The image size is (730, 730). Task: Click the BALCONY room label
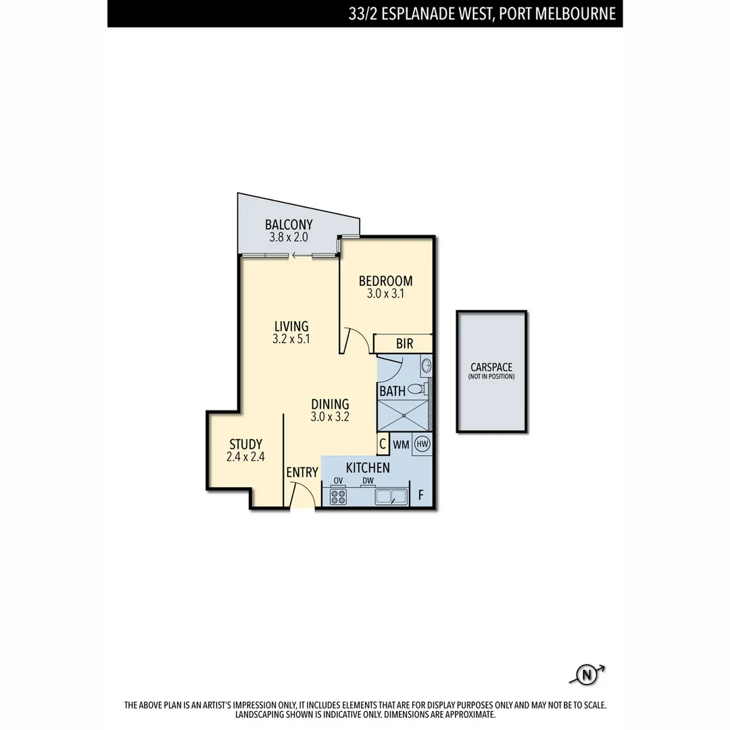tap(289, 224)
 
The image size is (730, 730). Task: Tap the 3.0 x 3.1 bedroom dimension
tap(385, 294)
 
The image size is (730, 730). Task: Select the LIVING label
tap(291, 326)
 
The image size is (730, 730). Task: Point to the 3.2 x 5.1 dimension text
tap(291, 339)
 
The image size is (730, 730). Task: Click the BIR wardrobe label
tap(404, 344)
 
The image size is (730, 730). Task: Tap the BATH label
tap(392, 391)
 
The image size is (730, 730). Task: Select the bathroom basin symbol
tap(426, 367)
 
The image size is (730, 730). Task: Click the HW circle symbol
tap(422, 444)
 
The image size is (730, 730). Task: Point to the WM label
tap(401, 445)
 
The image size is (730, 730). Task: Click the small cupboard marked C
tap(383, 445)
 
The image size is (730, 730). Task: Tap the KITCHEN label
tap(368, 468)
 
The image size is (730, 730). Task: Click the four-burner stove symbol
tap(338, 497)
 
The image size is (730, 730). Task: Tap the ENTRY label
tap(301, 472)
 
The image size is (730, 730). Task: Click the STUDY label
tap(245, 444)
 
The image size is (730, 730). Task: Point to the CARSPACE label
tap(491, 367)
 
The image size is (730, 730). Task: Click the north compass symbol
tap(587, 674)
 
